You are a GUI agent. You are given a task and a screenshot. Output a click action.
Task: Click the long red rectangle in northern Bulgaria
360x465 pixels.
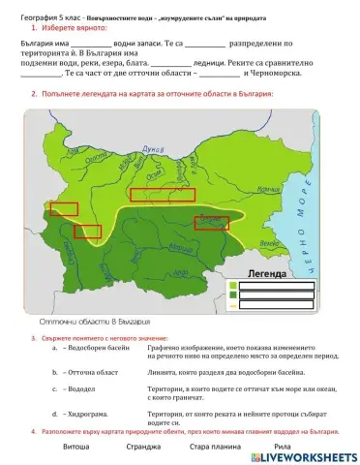(x=163, y=195)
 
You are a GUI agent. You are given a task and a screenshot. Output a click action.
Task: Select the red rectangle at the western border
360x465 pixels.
(x=65, y=208)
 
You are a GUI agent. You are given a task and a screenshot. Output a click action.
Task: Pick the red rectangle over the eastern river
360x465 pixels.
(x=212, y=224)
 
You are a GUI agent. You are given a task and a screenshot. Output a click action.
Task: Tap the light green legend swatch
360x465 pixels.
(x=234, y=285)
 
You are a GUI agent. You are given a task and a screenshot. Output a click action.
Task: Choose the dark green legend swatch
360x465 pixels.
(x=234, y=295)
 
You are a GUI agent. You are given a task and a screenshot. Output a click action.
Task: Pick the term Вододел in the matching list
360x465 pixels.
(x=78, y=389)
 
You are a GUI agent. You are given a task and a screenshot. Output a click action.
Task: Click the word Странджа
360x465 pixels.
(x=142, y=448)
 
